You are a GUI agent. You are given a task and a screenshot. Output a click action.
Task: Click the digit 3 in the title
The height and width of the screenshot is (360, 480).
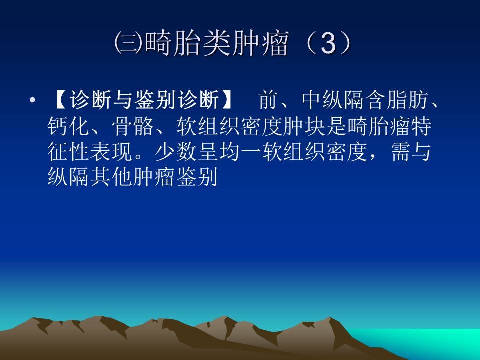327,45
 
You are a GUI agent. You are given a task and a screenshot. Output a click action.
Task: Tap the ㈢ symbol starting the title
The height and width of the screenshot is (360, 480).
125,45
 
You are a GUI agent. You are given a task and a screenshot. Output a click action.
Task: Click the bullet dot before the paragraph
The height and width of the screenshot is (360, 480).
33,102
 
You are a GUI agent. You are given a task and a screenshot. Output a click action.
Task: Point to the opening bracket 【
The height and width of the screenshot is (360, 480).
58,102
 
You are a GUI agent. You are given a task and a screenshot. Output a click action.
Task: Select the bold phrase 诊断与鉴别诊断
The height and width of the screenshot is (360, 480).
144,102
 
